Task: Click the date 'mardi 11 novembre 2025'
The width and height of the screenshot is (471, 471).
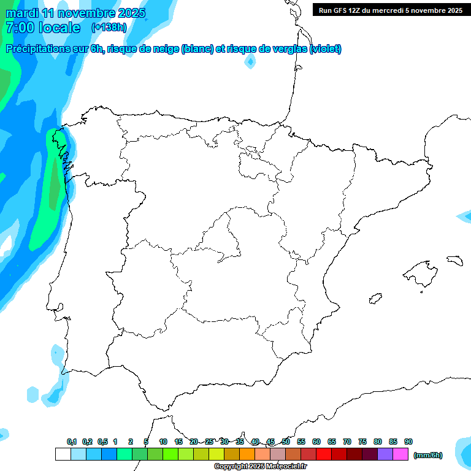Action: click(75, 13)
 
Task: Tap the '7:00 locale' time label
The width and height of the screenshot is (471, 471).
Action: click(42, 28)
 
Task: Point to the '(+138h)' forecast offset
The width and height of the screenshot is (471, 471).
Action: click(109, 28)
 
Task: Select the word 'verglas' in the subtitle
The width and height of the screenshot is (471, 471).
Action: click(288, 49)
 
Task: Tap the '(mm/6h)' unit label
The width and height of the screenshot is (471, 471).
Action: click(428, 455)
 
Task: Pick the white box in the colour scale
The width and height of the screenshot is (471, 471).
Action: click(63, 454)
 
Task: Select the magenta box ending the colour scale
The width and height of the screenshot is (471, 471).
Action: click(400, 454)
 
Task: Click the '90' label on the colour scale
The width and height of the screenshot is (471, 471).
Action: click(408, 442)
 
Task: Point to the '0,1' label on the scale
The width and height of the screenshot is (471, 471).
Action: click(72, 442)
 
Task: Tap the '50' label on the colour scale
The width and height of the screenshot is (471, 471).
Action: click(286, 442)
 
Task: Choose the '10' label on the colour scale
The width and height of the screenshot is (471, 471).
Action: click(163, 442)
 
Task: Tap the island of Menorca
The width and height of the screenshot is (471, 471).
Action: click(454, 260)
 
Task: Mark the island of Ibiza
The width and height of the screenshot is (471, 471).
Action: click(375, 299)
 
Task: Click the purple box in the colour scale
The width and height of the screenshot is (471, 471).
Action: click(385, 454)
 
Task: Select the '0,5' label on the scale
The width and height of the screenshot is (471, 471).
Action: click(102, 442)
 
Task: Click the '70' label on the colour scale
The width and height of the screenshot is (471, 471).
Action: click(347, 442)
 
